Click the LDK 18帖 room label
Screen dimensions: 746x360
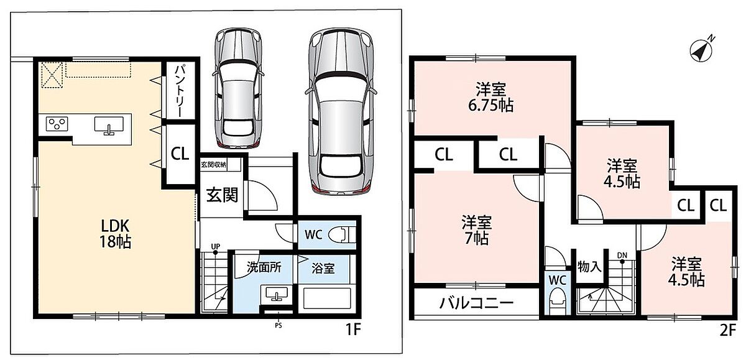point(115,234)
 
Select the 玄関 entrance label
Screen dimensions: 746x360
point(222,195)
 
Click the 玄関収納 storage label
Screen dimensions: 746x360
point(213,165)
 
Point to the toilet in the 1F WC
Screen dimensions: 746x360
point(342,235)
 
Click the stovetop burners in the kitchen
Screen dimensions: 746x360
point(57,124)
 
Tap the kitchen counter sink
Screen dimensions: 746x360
point(109,126)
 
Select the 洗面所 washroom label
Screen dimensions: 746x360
point(264,267)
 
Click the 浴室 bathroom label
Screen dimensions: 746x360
point(323,269)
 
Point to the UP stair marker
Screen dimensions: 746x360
point(216,246)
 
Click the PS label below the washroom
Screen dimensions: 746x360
point(279,325)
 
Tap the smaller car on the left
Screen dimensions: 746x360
point(237,88)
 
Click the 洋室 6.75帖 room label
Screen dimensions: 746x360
point(490,97)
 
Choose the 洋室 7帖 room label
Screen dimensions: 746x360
point(477,230)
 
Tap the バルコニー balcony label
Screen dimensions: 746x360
point(476,303)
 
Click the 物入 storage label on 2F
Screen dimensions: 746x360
point(589,267)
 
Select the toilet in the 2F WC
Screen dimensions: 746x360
point(558,300)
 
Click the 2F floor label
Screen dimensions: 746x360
point(728,330)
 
